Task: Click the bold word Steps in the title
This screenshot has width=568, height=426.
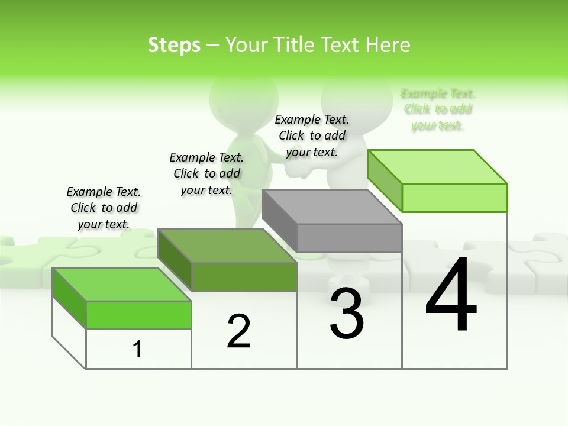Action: tap(174, 45)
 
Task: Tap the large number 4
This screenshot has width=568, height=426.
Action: tap(451, 296)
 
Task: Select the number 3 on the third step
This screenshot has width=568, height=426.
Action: tap(347, 314)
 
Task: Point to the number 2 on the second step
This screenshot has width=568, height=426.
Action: tap(238, 331)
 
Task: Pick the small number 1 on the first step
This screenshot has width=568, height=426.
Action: tap(137, 349)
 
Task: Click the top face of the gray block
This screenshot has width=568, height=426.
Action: tap(331, 207)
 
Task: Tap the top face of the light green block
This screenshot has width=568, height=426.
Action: tap(438, 166)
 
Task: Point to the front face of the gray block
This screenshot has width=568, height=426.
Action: tap(349, 238)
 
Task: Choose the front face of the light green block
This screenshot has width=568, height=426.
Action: tap(454, 198)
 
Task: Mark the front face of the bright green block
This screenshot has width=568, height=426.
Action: tap(138, 315)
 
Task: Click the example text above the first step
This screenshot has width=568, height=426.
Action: tap(104, 208)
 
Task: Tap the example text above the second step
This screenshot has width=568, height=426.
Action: tap(206, 173)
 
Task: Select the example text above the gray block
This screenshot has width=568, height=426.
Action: tap(312, 135)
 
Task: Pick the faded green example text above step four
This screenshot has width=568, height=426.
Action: tap(438, 109)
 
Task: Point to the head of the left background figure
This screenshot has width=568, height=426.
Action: tap(243, 95)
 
